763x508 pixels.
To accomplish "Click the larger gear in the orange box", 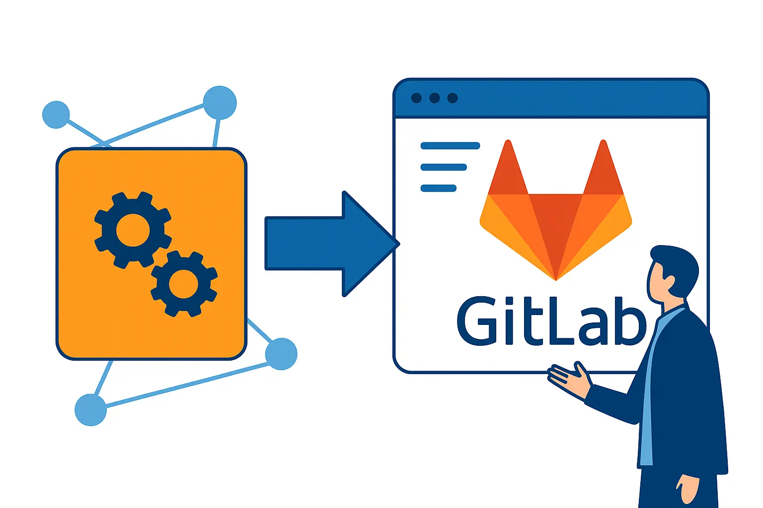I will click(133, 230).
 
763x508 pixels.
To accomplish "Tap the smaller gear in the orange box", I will click(184, 284).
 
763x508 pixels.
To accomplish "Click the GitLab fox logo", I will click(555, 218).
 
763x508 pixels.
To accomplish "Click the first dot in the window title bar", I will click(416, 98).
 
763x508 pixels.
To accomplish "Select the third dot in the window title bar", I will click(453, 98).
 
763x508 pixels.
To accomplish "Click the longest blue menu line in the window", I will click(450, 146).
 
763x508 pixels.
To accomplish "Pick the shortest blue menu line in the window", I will click(438, 188).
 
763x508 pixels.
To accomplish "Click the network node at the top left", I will click(56, 115).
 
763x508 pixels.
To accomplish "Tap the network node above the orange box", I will click(220, 103).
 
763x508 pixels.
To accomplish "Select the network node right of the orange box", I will click(281, 354).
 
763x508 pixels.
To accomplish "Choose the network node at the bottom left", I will click(90, 410).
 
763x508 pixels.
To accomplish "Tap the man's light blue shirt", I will click(648, 397).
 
